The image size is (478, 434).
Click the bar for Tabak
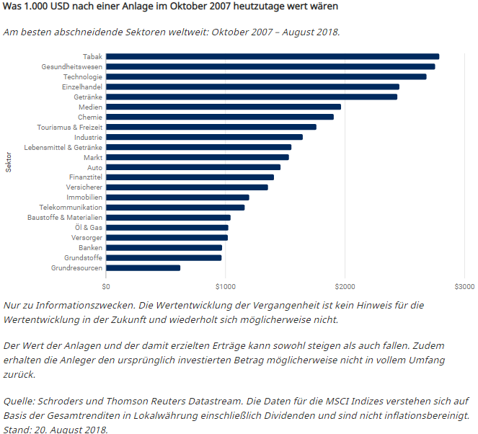coord(273,56)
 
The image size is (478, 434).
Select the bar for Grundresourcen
coord(143,267)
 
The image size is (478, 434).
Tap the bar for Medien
coord(223,107)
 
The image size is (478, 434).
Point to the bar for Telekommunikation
coord(175,208)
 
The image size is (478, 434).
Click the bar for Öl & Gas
coord(167,227)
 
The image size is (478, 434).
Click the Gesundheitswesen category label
coord(71,66)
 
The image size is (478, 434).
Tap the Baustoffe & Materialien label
coord(65,217)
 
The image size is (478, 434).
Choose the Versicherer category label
coord(84,187)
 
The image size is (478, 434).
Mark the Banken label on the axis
coord(90,247)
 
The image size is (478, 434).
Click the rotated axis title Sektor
coord(9,162)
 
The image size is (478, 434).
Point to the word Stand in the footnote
coord(18,430)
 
